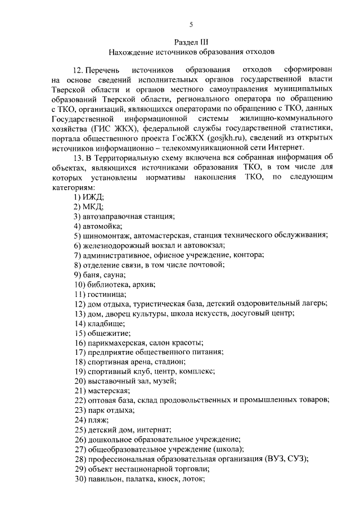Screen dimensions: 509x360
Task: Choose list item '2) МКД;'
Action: point(89,206)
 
